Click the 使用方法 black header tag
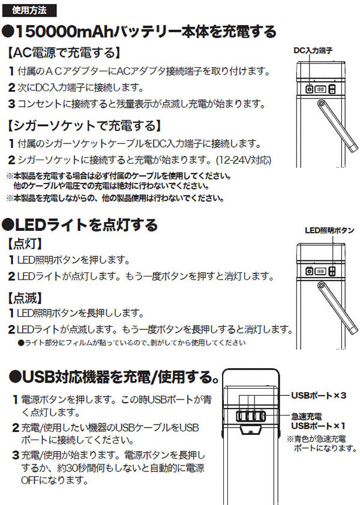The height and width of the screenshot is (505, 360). [x=31, y=11]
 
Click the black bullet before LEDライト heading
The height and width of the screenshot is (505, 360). [x=8, y=225]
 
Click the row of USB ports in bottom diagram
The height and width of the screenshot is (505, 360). [x=251, y=415]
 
